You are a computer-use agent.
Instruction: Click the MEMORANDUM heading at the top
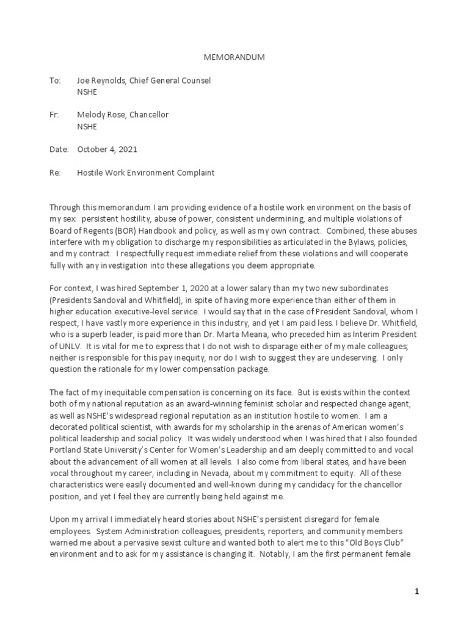point(234,57)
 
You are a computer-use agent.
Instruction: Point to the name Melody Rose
point(101,115)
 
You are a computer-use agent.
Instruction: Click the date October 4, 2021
point(107,150)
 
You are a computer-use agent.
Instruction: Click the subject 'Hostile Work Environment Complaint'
point(145,173)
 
